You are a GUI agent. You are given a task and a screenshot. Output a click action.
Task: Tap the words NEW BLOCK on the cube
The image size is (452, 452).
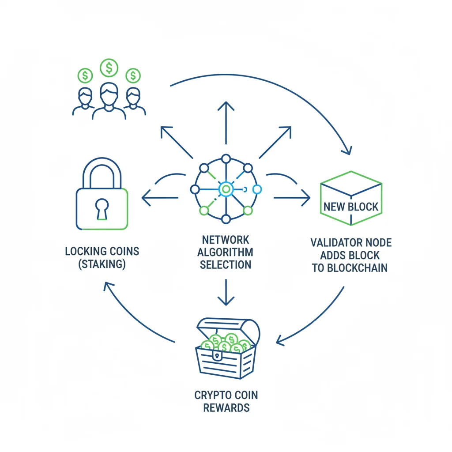click(x=351, y=206)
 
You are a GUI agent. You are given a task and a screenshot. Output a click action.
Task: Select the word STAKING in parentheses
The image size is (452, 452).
click(x=102, y=264)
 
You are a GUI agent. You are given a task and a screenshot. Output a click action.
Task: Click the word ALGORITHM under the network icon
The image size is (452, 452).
click(x=226, y=252)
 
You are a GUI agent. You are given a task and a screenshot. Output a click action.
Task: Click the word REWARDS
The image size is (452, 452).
click(x=226, y=407)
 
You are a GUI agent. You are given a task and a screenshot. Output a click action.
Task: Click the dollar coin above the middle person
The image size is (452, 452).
click(x=109, y=68)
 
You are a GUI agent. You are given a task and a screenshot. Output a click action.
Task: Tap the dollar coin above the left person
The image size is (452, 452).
click(x=85, y=76)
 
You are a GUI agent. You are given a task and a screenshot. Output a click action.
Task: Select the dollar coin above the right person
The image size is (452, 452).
click(x=132, y=76)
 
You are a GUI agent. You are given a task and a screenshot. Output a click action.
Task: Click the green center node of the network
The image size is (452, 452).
click(x=226, y=189)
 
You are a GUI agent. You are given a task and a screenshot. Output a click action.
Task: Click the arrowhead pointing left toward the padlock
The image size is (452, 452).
click(x=146, y=197)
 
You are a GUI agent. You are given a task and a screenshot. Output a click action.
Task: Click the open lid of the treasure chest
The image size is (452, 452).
click(x=230, y=329)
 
